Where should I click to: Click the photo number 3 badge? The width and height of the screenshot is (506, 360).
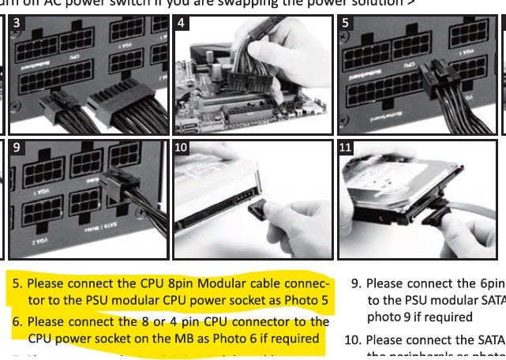[17, 23]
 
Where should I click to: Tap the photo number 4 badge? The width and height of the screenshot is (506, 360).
[181, 23]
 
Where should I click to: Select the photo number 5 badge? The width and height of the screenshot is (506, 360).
[346, 23]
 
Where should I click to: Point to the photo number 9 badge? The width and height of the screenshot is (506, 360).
[17, 147]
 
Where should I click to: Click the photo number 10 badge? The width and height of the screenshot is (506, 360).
[182, 148]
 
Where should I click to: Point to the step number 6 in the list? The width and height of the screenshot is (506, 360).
[17, 321]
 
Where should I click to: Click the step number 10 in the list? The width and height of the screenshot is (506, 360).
[356, 340]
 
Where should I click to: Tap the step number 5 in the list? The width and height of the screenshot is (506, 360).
[17, 283]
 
